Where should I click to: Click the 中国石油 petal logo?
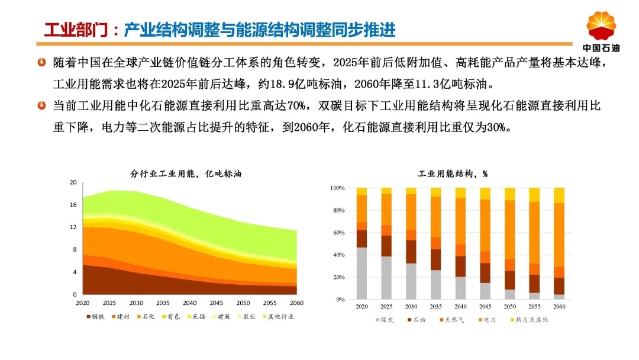(601, 25)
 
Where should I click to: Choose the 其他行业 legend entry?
(278, 316)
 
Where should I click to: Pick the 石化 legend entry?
(146, 316)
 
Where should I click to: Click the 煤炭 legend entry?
(385, 320)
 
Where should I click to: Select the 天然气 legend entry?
(451, 320)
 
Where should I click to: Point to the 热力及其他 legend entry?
(530, 320)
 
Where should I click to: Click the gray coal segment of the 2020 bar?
(362, 273)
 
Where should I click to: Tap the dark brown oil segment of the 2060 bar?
(559, 286)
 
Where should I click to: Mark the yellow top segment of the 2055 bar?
(534, 195)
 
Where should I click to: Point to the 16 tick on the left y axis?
(73, 205)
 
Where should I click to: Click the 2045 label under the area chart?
(217, 303)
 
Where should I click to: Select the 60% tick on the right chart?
(338, 233)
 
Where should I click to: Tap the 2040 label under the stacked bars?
(460, 306)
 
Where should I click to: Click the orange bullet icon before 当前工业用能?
(41, 105)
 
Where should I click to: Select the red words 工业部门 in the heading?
(76, 30)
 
